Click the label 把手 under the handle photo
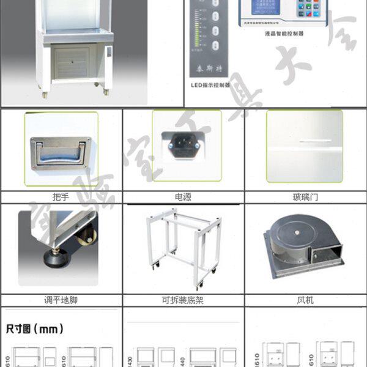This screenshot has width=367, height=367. pyautogui.click(x=61, y=198)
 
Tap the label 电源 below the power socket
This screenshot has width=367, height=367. pyautogui.click(x=183, y=198)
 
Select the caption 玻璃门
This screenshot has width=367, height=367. pyautogui.click(x=306, y=198)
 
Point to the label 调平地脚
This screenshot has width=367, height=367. pyautogui.click(x=61, y=300)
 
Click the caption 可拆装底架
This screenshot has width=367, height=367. pyautogui.click(x=183, y=300)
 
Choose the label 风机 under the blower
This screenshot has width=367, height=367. pyautogui.click(x=306, y=300)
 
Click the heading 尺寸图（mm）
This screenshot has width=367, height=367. pyautogui.click(x=34, y=329)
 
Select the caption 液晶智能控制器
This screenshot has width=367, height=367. pyautogui.click(x=285, y=34)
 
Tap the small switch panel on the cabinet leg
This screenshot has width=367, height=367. pyautogui.click(x=108, y=52)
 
